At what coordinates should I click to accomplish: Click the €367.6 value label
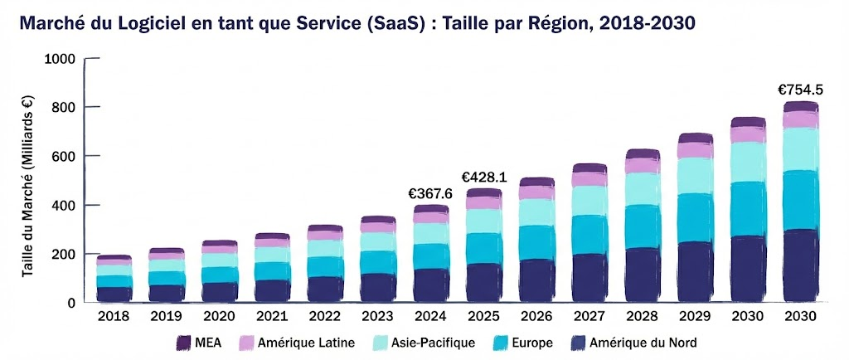431,193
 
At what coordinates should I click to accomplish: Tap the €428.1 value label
483,177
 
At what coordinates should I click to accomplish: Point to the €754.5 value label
799,89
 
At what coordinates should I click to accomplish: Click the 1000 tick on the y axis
61,59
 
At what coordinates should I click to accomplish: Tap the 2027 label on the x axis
589,317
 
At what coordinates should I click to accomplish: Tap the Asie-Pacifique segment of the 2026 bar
536,212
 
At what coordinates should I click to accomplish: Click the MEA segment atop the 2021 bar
273,236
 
